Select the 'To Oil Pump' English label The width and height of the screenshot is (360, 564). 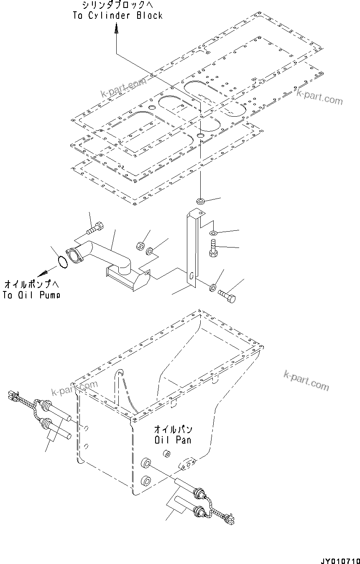click(31, 295)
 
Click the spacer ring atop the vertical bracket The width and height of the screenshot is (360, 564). click(200, 202)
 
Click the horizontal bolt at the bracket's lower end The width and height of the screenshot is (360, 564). click(227, 296)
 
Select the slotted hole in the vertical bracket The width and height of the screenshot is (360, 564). click(191, 276)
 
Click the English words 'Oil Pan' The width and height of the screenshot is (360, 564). click(173, 440)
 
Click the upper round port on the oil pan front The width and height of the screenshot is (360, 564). click(146, 463)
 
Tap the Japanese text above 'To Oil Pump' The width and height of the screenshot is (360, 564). click(31, 285)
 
